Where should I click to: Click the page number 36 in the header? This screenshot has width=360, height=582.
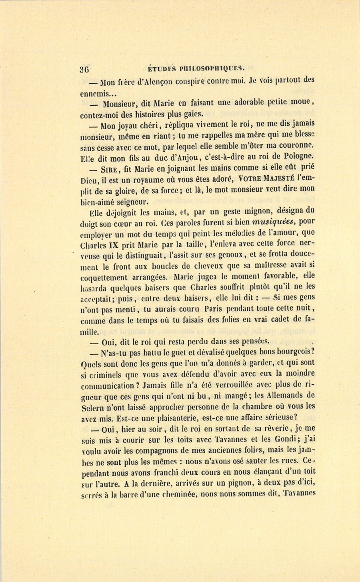tap(84, 68)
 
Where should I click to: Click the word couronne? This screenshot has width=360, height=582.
tap(295, 147)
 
